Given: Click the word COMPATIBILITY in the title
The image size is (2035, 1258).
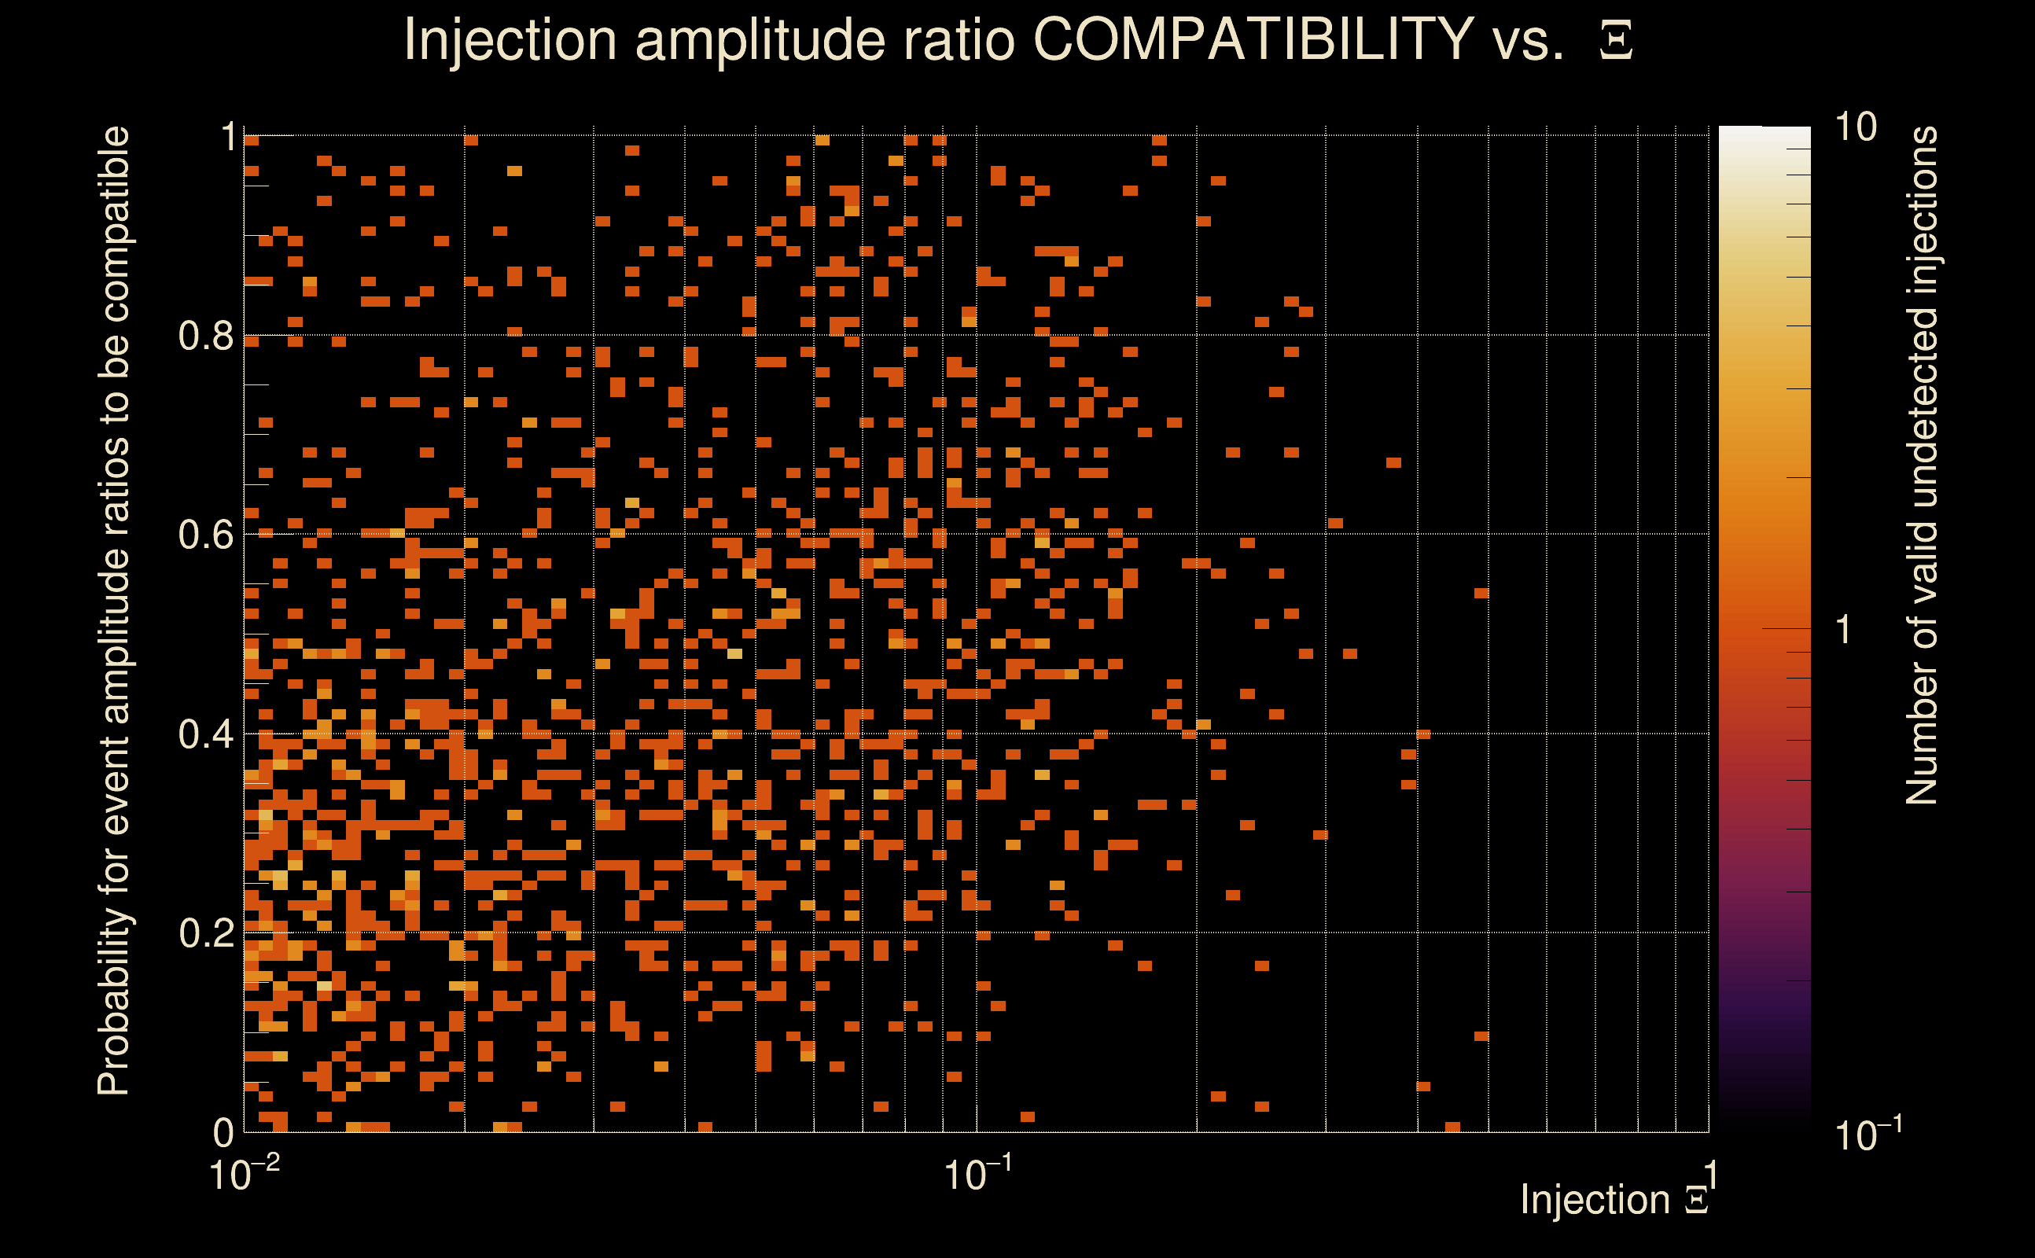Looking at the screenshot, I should (x=1253, y=39).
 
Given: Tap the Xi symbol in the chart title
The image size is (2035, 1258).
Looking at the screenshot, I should (x=1615, y=41).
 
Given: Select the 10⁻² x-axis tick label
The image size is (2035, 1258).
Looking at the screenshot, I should (x=244, y=1175).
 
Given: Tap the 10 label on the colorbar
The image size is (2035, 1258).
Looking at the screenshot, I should (x=1855, y=127).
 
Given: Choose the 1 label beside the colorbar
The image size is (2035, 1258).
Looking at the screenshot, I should (x=1844, y=630).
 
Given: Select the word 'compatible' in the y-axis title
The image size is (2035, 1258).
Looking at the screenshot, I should (x=114, y=224).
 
